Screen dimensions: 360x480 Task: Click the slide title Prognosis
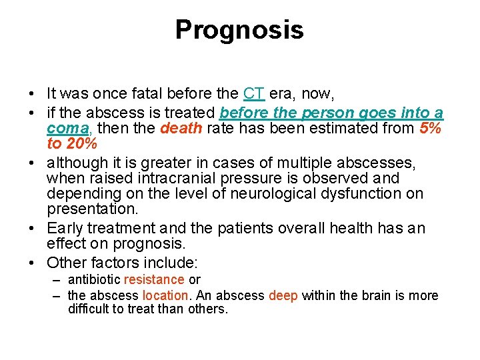click(239, 30)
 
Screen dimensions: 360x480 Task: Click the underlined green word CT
click(254, 93)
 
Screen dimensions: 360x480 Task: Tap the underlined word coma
click(65, 127)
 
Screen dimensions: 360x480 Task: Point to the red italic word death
click(181, 127)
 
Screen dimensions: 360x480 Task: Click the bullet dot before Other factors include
click(33, 263)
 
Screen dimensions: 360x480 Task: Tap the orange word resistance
click(153, 280)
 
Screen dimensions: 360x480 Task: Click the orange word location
click(165, 295)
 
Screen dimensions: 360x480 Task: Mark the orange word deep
click(283, 295)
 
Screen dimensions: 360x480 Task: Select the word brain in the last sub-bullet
click(377, 295)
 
